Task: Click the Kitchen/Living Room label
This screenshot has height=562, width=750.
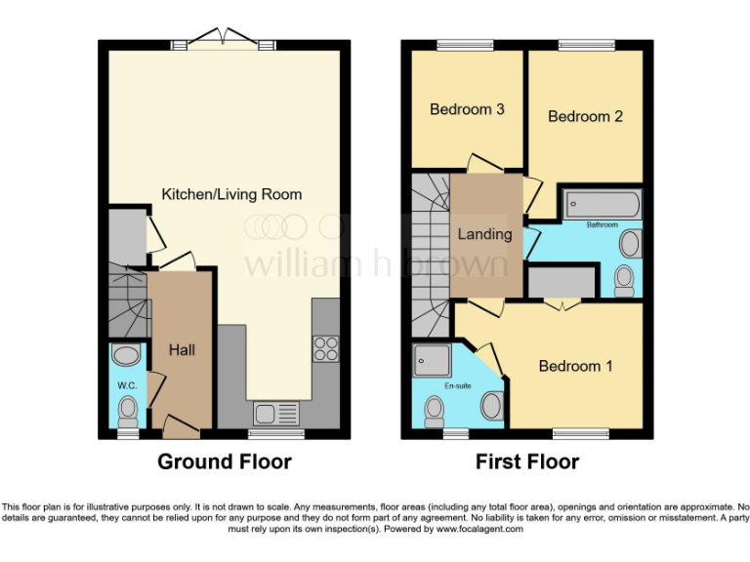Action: (x=231, y=194)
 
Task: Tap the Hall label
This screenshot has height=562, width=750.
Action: (x=183, y=348)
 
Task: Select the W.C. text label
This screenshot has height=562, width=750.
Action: (x=127, y=384)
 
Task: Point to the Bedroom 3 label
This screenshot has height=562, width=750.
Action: (x=467, y=109)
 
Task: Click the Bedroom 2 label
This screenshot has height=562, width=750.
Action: (x=585, y=116)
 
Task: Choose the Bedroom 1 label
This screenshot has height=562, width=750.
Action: (x=576, y=366)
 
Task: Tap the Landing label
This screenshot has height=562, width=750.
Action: (x=485, y=234)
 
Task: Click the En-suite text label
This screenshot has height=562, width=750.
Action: (x=457, y=386)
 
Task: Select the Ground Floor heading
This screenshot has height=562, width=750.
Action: (x=225, y=462)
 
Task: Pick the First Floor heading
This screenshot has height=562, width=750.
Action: (x=527, y=462)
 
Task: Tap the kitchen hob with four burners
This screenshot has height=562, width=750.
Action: (x=325, y=349)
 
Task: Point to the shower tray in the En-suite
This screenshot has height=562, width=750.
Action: (x=432, y=359)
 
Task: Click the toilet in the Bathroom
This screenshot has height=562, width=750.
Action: (x=624, y=281)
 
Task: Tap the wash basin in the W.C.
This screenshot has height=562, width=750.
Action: (x=127, y=354)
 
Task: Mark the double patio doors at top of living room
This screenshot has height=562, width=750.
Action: (x=224, y=40)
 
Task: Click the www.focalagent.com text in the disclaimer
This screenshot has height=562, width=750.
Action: (x=479, y=529)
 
